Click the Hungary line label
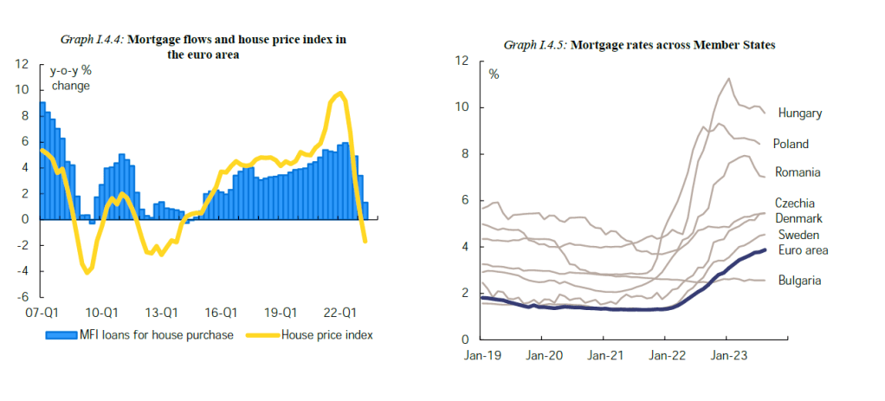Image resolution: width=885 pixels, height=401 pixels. (x=799, y=113)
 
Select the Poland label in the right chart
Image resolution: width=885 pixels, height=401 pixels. (x=791, y=144)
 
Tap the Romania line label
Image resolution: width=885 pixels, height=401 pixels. (x=798, y=172)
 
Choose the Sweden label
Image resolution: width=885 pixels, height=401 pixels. (x=798, y=235)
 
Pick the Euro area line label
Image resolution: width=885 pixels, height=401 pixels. (x=803, y=250)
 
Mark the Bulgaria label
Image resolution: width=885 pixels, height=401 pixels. (x=799, y=280)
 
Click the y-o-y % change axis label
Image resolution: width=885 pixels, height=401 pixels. (x=72, y=78)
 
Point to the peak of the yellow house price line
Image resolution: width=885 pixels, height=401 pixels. (x=340, y=93)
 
